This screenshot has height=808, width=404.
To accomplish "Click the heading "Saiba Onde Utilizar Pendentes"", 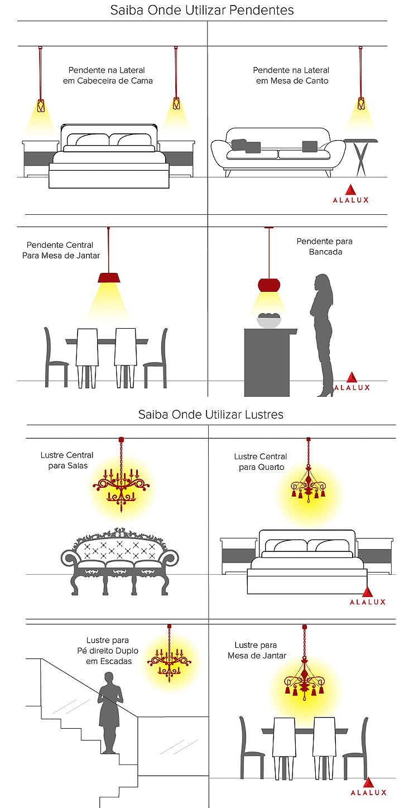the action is pyautogui.click(x=202, y=10).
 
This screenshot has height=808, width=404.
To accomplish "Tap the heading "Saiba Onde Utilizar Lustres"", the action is pyautogui.click(x=211, y=415).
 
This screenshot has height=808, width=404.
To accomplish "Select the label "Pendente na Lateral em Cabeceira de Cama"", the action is pyautogui.click(x=108, y=75).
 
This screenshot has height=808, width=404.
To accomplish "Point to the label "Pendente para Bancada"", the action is pyautogui.click(x=325, y=247).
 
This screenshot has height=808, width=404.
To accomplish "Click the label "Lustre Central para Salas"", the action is pyautogui.click(x=67, y=460).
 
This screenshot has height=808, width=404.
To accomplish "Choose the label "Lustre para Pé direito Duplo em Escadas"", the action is pyautogui.click(x=108, y=651).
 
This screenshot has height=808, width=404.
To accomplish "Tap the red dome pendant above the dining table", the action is pyautogui.click(x=109, y=277).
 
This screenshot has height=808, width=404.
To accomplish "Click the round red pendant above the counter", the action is pyautogui.click(x=269, y=285).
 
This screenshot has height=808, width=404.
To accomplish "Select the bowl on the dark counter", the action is pyautogui.click(x=269, y=321).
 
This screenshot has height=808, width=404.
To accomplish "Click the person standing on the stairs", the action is pyautogui.click(x=109, y=713).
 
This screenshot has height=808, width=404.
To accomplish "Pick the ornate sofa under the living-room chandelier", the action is pyautogui.click(x=120, y=561).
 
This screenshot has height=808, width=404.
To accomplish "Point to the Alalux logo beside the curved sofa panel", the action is pyautogui.click(x=350, y=194).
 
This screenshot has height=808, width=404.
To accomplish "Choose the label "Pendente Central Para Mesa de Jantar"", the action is pyautogui.click(x=61, y=250).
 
